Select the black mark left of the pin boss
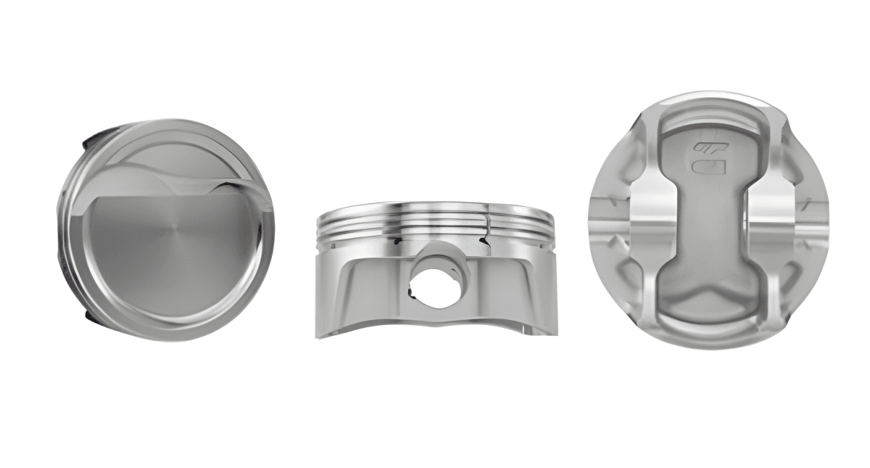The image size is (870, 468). pos(397,238)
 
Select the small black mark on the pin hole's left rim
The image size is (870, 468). pos(411,292)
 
